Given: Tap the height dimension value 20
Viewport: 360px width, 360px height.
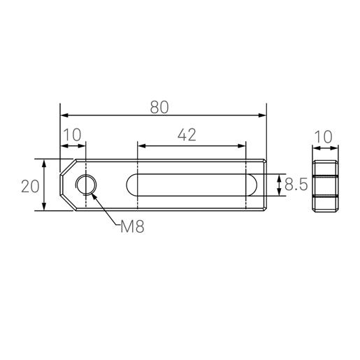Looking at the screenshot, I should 29,186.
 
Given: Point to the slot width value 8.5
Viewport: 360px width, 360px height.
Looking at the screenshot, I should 298,185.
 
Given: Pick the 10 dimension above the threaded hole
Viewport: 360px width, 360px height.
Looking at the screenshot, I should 73,134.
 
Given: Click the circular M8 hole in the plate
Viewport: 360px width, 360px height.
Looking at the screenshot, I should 86,185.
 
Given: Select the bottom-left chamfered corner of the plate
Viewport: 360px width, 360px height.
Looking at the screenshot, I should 67,203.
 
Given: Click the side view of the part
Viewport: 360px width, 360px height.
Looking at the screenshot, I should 325,185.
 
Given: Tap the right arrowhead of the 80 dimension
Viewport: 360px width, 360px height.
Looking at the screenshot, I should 263,115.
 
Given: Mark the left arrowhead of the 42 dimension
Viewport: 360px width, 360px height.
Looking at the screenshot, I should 141,145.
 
